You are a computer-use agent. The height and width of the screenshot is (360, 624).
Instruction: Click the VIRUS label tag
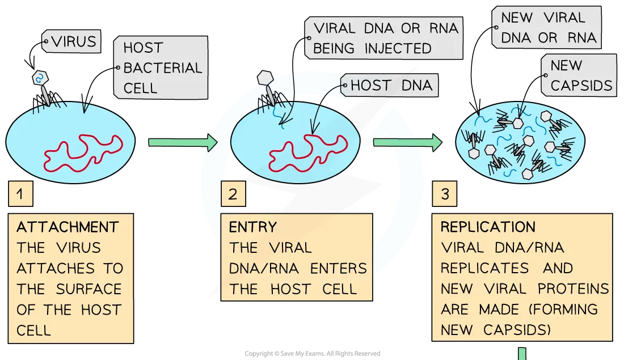72,42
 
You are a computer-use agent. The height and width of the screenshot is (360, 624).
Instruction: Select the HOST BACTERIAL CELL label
160,68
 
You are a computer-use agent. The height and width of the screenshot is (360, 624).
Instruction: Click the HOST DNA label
390,86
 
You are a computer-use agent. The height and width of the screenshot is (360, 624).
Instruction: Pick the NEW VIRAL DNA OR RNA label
546,28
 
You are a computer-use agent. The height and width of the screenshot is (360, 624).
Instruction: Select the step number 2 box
233,194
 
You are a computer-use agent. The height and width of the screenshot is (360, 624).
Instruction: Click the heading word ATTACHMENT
68,228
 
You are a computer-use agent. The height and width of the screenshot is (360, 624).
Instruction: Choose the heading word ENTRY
252,228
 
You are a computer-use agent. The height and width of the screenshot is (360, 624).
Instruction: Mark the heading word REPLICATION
488,228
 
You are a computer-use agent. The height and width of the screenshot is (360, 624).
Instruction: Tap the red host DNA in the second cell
306,149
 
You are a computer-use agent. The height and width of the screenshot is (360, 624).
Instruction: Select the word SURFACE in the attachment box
88,289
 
